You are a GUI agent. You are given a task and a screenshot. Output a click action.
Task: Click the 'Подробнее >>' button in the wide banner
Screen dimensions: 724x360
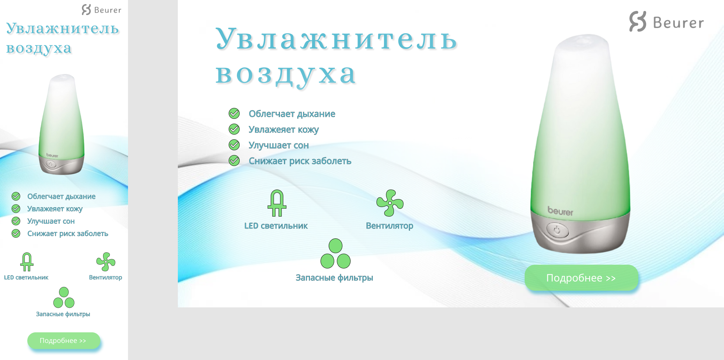point(581,278)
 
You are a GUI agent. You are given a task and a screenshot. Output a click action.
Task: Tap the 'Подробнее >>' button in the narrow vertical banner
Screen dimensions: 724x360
point(63,341)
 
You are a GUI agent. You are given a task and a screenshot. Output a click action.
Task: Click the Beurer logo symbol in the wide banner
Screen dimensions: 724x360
point(638,22)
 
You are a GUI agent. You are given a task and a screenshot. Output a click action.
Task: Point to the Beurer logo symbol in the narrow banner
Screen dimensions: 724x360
point(86,10)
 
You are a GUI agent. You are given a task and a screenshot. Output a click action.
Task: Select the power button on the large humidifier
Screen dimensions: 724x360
point(557,230)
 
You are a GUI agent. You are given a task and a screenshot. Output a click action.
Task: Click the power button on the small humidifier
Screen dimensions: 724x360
point(51,164)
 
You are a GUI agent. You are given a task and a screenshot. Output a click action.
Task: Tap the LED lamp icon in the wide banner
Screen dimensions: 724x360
point(277,203)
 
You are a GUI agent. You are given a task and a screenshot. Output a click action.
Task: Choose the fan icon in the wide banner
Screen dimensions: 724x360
point(390,203)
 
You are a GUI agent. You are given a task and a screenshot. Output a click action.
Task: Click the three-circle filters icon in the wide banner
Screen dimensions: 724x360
point(336,253)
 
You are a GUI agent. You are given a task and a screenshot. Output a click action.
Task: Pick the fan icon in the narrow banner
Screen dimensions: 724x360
point(106,262)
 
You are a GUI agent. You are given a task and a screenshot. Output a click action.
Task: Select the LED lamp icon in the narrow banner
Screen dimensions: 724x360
point(27,262)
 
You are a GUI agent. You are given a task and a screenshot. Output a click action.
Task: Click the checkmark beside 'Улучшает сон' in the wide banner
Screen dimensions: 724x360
point(234,145)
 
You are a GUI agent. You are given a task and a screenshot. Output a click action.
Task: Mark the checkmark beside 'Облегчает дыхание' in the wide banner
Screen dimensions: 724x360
point(234,113)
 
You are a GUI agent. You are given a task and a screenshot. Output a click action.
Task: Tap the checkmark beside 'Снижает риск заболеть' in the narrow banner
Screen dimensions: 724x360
point(16,233)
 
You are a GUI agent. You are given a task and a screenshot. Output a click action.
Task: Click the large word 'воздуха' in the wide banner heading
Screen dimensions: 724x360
point(286,75)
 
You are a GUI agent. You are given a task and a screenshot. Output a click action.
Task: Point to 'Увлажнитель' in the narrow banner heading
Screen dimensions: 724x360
point(62,28)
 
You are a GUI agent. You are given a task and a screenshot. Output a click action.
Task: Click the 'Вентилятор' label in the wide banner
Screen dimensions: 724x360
point(389,226)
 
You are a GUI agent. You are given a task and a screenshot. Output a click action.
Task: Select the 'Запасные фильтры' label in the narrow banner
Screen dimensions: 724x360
point(63,314)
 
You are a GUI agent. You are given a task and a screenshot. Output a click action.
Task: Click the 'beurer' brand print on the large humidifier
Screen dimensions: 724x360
point(560,211)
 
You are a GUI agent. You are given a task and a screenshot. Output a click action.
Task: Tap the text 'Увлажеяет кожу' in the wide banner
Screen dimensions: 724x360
point(284,130)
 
